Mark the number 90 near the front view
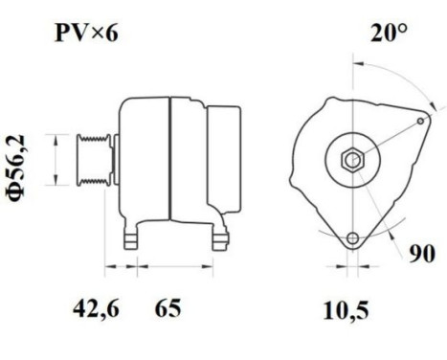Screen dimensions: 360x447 421,255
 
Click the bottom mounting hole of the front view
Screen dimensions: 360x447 353,236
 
